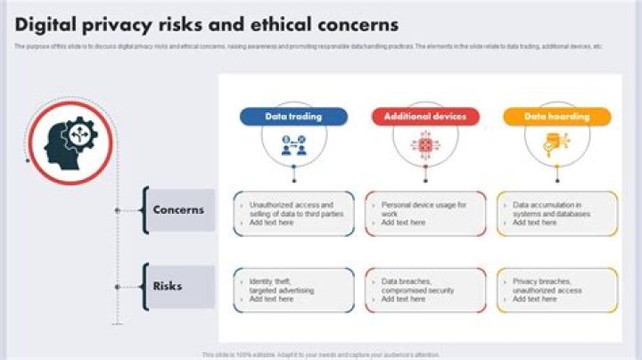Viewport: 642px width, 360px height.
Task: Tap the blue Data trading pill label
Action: tap(293, 117)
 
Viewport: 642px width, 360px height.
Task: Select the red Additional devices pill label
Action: tap(425, 117)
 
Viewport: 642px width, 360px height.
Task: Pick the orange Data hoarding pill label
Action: tap(556, 117)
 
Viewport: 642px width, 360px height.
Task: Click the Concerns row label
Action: tap(178, 210)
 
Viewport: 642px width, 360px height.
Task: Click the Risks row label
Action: tap(168, 286)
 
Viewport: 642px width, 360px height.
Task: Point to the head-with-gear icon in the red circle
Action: tap(70, 142)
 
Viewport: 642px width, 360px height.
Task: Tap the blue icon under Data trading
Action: tap(293, 144)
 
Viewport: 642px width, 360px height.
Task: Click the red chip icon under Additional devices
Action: tap(425, 144)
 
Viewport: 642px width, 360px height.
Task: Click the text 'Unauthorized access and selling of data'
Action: tap(291, 209)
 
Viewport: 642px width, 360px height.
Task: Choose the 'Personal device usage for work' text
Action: tap(423, 209)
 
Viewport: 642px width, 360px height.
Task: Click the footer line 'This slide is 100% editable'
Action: tap(321, 355)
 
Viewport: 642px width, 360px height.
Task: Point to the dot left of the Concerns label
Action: tap(117, 210)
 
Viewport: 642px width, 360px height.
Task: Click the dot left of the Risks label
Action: tap(117, 287)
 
